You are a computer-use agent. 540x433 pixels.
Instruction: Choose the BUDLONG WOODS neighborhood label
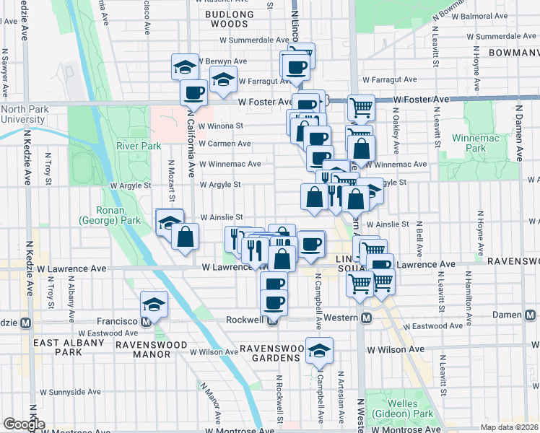[x=230, y=19]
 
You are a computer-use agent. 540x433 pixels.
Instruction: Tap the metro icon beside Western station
[x=366, y=318]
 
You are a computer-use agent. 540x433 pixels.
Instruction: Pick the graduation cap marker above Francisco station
[x=154, y=305]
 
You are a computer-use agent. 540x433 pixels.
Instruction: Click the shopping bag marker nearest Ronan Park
[x=186, y=237]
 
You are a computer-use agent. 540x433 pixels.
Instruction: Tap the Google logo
[x=24, y=424]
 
